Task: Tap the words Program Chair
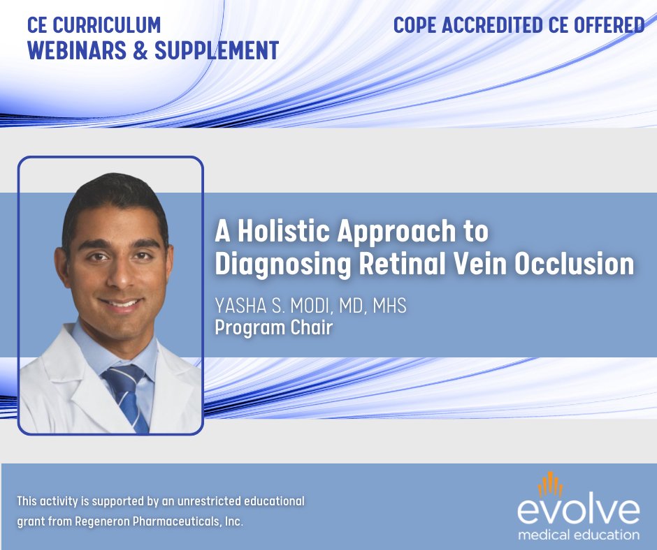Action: click(273, 327)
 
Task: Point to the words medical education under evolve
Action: click(578, 535)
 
